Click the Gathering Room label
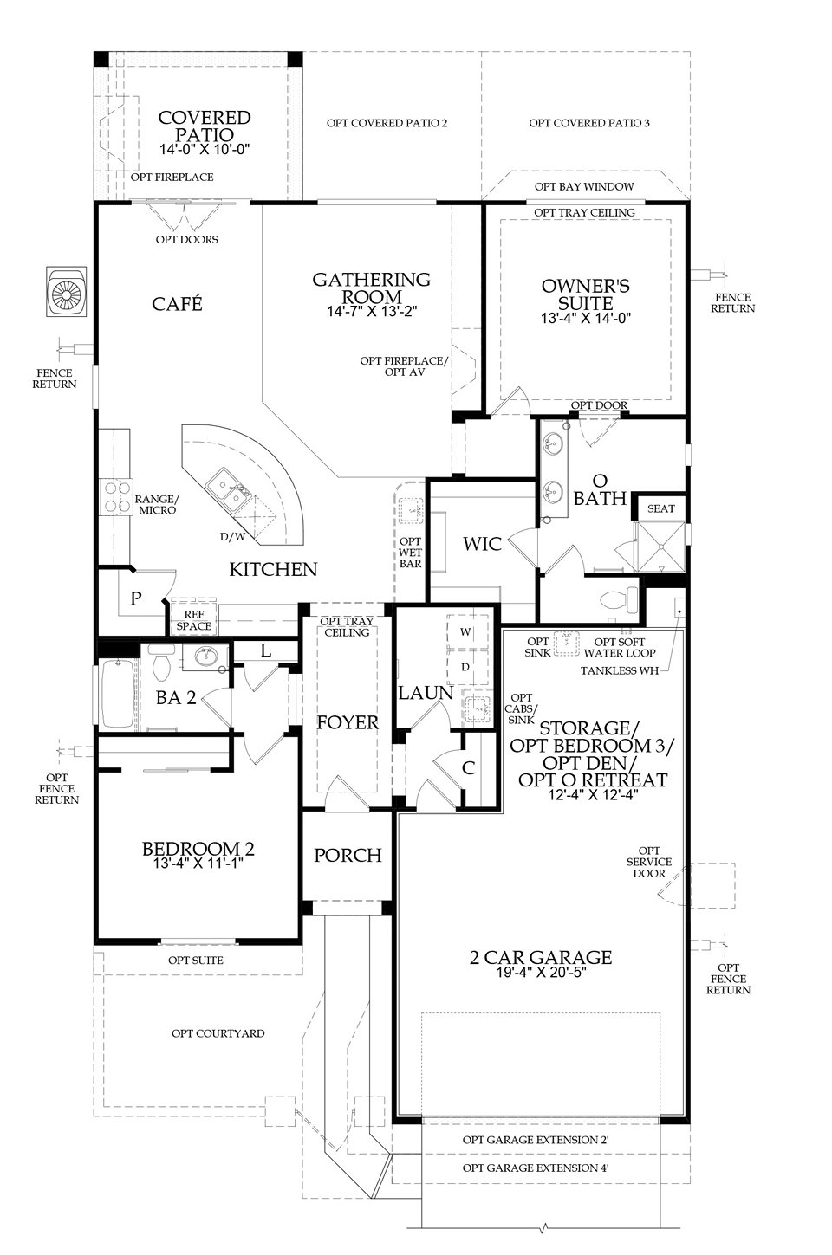pyautogui.click(x=371, y=288)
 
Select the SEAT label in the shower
pyautogui.click(x=660, y=508)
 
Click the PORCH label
pyautogui.click(x=348, y=855)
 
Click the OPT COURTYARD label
pyautogui.click(x=218, y=1033)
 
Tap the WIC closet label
pyautogui.click(x=483, y=544)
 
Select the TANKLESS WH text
pyautogui.click(x=619, y=670)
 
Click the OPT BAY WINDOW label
pyautogui.click(x=584, y=186)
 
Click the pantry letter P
pyautogui.click(x=136, y=598)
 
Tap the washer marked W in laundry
pyautogui.click(x=465, y=631)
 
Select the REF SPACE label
pyautogui.click(x=193, y=619)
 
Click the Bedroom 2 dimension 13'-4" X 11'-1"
pyautogui.click(x=198, y=864)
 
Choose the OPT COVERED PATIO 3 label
pyautogui.click(x=589, y=123)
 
